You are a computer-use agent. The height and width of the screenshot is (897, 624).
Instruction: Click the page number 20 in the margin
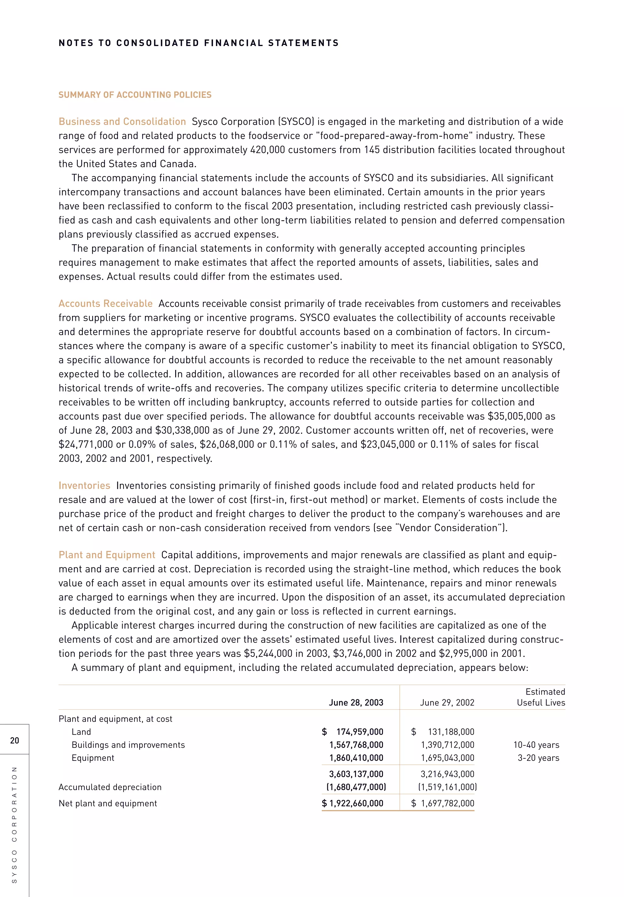[x=14, y=740]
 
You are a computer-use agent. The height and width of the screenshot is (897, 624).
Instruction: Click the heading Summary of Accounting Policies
[x=135, y=95]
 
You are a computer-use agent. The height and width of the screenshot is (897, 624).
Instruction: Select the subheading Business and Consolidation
[x=122, y=122]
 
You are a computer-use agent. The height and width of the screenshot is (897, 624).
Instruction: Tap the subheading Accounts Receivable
[x=105, y=303]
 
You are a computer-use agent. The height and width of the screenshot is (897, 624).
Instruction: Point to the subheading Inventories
[x=84, y=486]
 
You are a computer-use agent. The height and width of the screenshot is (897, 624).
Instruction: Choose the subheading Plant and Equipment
[x=107, y=555]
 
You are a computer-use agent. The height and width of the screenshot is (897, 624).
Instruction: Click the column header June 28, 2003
[x=356, y=702]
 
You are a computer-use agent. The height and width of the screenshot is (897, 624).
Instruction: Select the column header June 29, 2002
[x=447, y=702]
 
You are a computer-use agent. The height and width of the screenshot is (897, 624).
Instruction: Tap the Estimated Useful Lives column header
[x=541, y=697]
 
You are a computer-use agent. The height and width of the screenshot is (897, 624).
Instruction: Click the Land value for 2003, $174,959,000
[x=353, y=732]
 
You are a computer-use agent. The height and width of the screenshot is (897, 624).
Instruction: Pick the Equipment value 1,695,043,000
[x=447, y=758]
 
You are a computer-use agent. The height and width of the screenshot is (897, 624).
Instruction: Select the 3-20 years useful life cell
[x=538, y=758]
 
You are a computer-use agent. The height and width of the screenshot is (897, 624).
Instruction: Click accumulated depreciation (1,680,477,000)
[x=356, y=787]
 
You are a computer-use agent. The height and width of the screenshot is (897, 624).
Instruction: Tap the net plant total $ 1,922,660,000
[x=353, y=803]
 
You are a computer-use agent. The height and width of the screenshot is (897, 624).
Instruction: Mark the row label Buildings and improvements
[x=128, y=745]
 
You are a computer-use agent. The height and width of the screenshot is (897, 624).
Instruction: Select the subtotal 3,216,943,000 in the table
[x=447, y=774]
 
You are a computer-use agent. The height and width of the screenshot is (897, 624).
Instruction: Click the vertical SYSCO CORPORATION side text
[x=14, y=824]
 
